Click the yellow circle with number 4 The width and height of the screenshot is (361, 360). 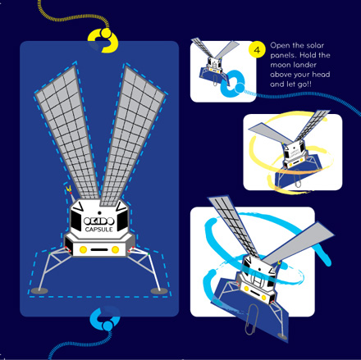coord(257,50)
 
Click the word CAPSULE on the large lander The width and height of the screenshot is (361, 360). coord(98,230)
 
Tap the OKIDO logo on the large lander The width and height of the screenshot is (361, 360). coord(98,221)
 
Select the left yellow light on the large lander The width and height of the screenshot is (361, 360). coord(83,249)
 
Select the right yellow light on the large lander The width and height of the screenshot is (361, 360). coord(115,249)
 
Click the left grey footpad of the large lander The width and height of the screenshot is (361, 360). coord(39,291)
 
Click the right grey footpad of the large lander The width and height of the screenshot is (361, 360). coord(159,291)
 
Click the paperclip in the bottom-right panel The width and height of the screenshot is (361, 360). coord(252,319)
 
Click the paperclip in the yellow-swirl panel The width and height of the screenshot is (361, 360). coord(298,179)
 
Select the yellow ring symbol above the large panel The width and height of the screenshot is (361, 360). coord(103,40)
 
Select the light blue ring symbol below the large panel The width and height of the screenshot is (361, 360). coord(105,318)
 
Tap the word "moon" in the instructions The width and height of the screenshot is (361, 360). coord(280,65)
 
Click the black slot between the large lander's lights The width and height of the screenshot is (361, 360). coord(99,249)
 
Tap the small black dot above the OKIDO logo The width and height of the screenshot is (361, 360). coord(99,213)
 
